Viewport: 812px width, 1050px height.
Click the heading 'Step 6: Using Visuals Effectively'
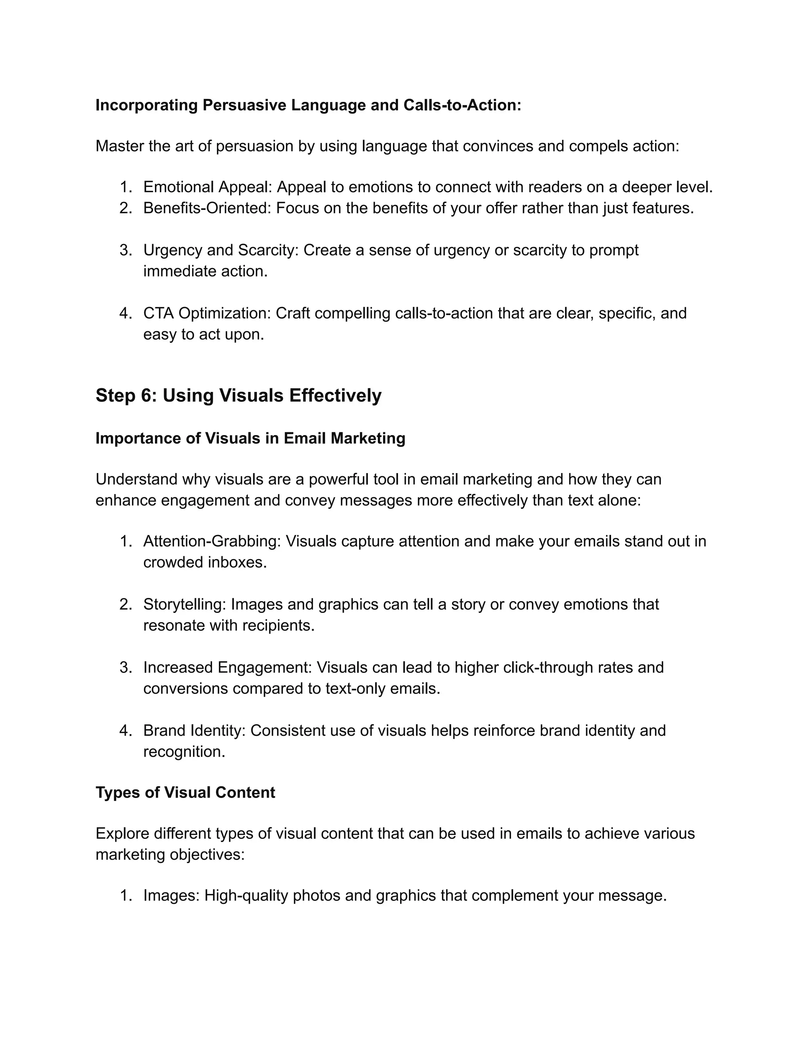(x=238, y=396)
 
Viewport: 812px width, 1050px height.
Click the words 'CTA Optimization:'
(x=207, y=313)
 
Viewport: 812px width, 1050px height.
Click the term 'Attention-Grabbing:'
(x=212, y=541)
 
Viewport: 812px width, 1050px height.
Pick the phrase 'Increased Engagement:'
(x=228, y=668)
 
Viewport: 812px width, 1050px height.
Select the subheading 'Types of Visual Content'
(x=185, y=793)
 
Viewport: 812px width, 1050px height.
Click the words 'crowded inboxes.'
(x=205, y=563)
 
